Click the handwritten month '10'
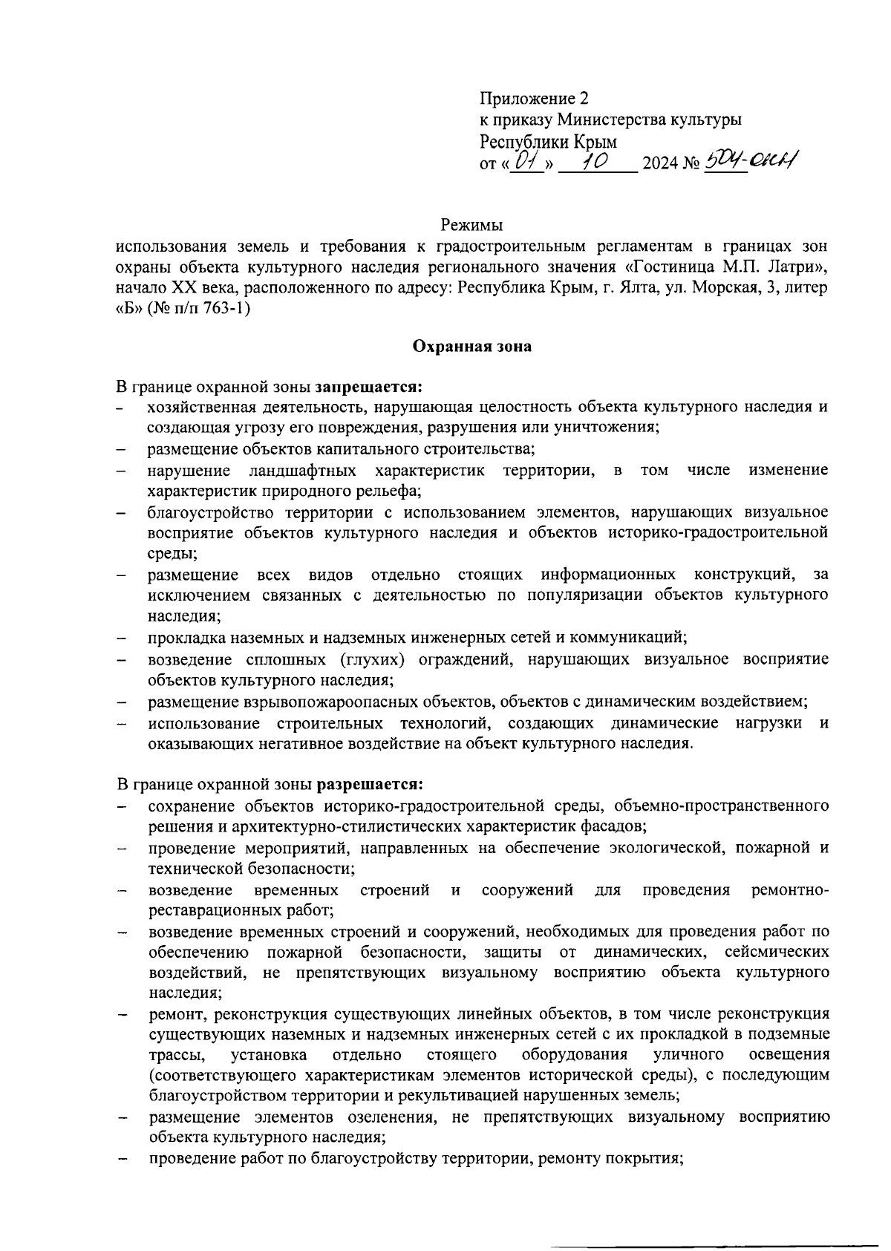pos(594,159)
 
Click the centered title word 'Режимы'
pos(471,225)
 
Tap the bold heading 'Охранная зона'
pos(471,347)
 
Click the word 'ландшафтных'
pos(302,471)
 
